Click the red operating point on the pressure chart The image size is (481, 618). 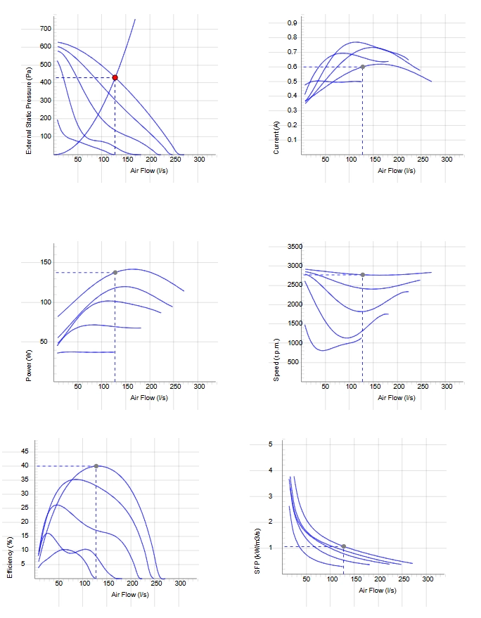coord(115,77)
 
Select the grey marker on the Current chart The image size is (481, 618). coord(363,67)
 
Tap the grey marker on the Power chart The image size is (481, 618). coord(115,272)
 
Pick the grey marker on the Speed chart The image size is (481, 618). coord(363,275)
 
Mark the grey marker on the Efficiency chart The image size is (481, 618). coord(96,466)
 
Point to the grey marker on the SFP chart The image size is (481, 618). coord(344,546)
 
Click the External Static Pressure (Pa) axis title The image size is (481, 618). coord(29,110)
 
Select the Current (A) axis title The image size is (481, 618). coord(276,138)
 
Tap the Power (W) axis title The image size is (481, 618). coord(29,366)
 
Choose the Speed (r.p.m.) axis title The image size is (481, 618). coord(276,360)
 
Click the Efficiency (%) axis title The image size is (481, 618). coord(10,558)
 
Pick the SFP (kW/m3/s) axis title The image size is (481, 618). coord(257,551)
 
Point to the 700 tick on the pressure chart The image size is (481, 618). coord(45,28)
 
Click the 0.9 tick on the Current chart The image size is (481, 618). coord(292,23)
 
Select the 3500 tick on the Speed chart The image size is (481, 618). coord(295,247)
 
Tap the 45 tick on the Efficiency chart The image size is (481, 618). coord(25,451)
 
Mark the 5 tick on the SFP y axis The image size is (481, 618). coord(271,444)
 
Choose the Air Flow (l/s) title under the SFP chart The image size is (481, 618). coord(378,590)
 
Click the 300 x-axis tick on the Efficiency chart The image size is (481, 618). coord(180,584)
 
